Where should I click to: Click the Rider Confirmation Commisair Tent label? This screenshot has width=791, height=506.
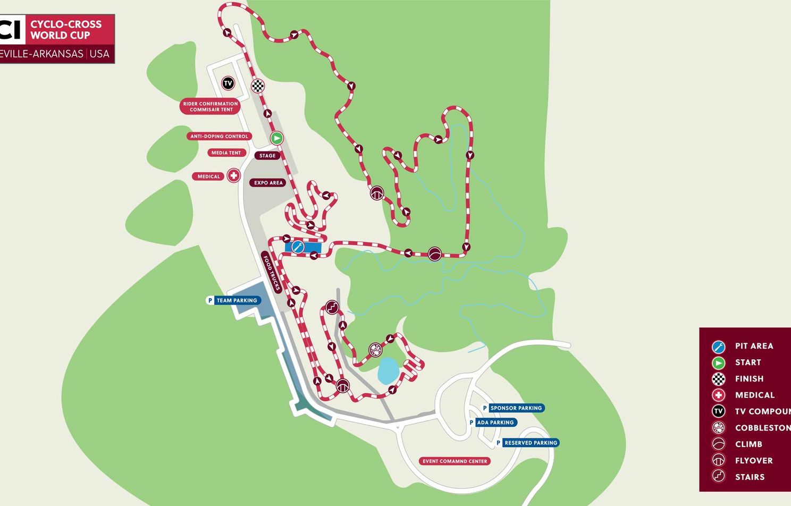[x=211, y=107]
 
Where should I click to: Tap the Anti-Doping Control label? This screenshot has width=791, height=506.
[x=219, y=137]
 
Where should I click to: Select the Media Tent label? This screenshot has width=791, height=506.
[x=226, y=153]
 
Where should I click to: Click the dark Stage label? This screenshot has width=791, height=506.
[x=267, y=156]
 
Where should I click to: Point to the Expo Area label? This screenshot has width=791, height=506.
[x=268, y=183]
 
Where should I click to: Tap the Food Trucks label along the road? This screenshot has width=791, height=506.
[x=271, y=273]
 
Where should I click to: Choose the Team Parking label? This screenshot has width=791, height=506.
[x=237, y=301]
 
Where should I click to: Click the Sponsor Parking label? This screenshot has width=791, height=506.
[x=516, y=408]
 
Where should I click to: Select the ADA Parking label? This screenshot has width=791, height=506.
[x=495, y=423]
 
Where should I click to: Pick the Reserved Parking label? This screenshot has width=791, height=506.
[x=531, y=443]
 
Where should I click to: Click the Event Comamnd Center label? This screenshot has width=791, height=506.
[x=455, y=461]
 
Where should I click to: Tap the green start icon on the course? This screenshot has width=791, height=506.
[x=276, y=138]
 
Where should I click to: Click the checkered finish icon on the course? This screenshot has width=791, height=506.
[x=258, y=86]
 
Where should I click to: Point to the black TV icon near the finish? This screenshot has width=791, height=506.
[x=228, y=83]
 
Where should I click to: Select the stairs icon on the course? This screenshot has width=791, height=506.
[x=332, y=307]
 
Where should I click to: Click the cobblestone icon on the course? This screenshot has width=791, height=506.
[x=375, y=350]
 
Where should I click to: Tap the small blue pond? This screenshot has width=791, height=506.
[x=388, y=370]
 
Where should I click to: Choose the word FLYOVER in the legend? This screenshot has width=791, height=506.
[x=754, y=461]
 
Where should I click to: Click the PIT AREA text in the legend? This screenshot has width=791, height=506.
[x=754, y=346]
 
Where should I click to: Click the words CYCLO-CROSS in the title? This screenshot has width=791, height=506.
[x=66, y=24]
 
